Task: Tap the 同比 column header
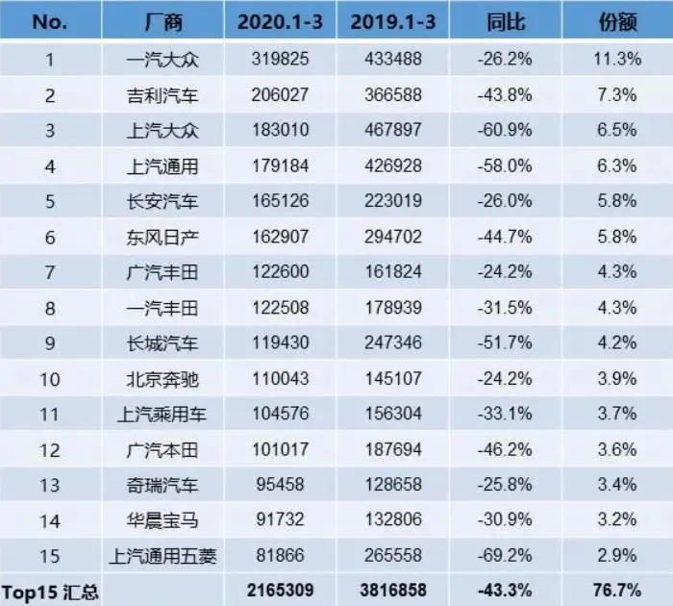coord(504,21)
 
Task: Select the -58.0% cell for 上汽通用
coord(504,166)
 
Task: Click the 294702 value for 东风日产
coord(394,237)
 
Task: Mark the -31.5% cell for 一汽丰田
coord(504,308)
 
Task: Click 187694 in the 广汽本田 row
coord(394,450)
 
